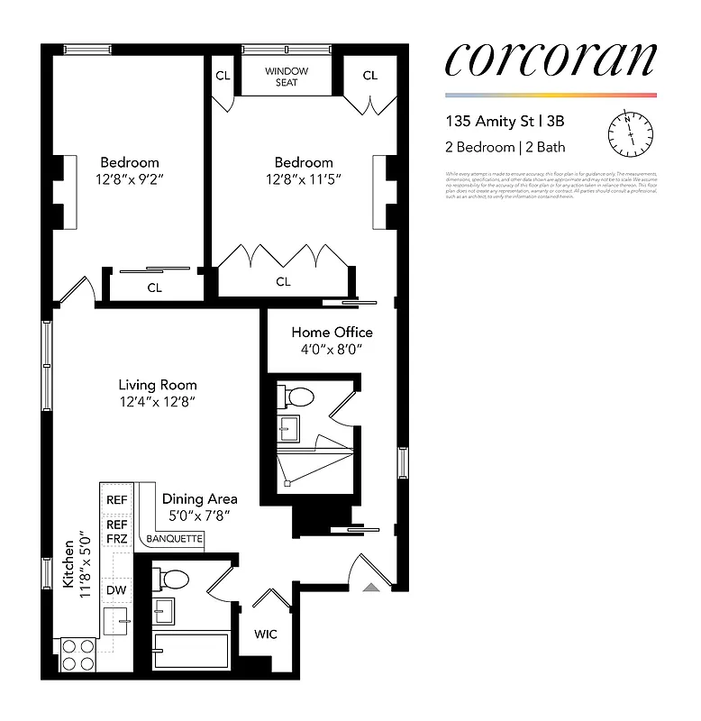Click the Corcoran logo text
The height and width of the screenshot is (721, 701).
coord(551,59)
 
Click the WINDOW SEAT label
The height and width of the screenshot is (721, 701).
coord(286,77)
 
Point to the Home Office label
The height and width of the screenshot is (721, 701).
coord(332,333)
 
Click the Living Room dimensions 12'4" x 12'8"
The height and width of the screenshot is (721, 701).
coord(158,402)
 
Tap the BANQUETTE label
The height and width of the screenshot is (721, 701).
coord(175,541)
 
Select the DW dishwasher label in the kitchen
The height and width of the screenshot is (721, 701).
coord(116,589)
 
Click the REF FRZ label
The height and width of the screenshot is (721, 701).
coord(117,531)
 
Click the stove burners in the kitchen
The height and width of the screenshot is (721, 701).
coord(78,653)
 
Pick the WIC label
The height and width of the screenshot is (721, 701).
coord(265,634)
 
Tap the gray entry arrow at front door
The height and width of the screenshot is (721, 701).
coord(370,588)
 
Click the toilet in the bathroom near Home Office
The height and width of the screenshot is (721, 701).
coord(298,397)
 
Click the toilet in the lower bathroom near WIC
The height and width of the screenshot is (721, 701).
coord(174,579)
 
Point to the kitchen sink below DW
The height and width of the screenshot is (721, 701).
coord(116,620)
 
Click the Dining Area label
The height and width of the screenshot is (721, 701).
coord(200,498)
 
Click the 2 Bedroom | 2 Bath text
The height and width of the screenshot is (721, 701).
coord(505,147)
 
